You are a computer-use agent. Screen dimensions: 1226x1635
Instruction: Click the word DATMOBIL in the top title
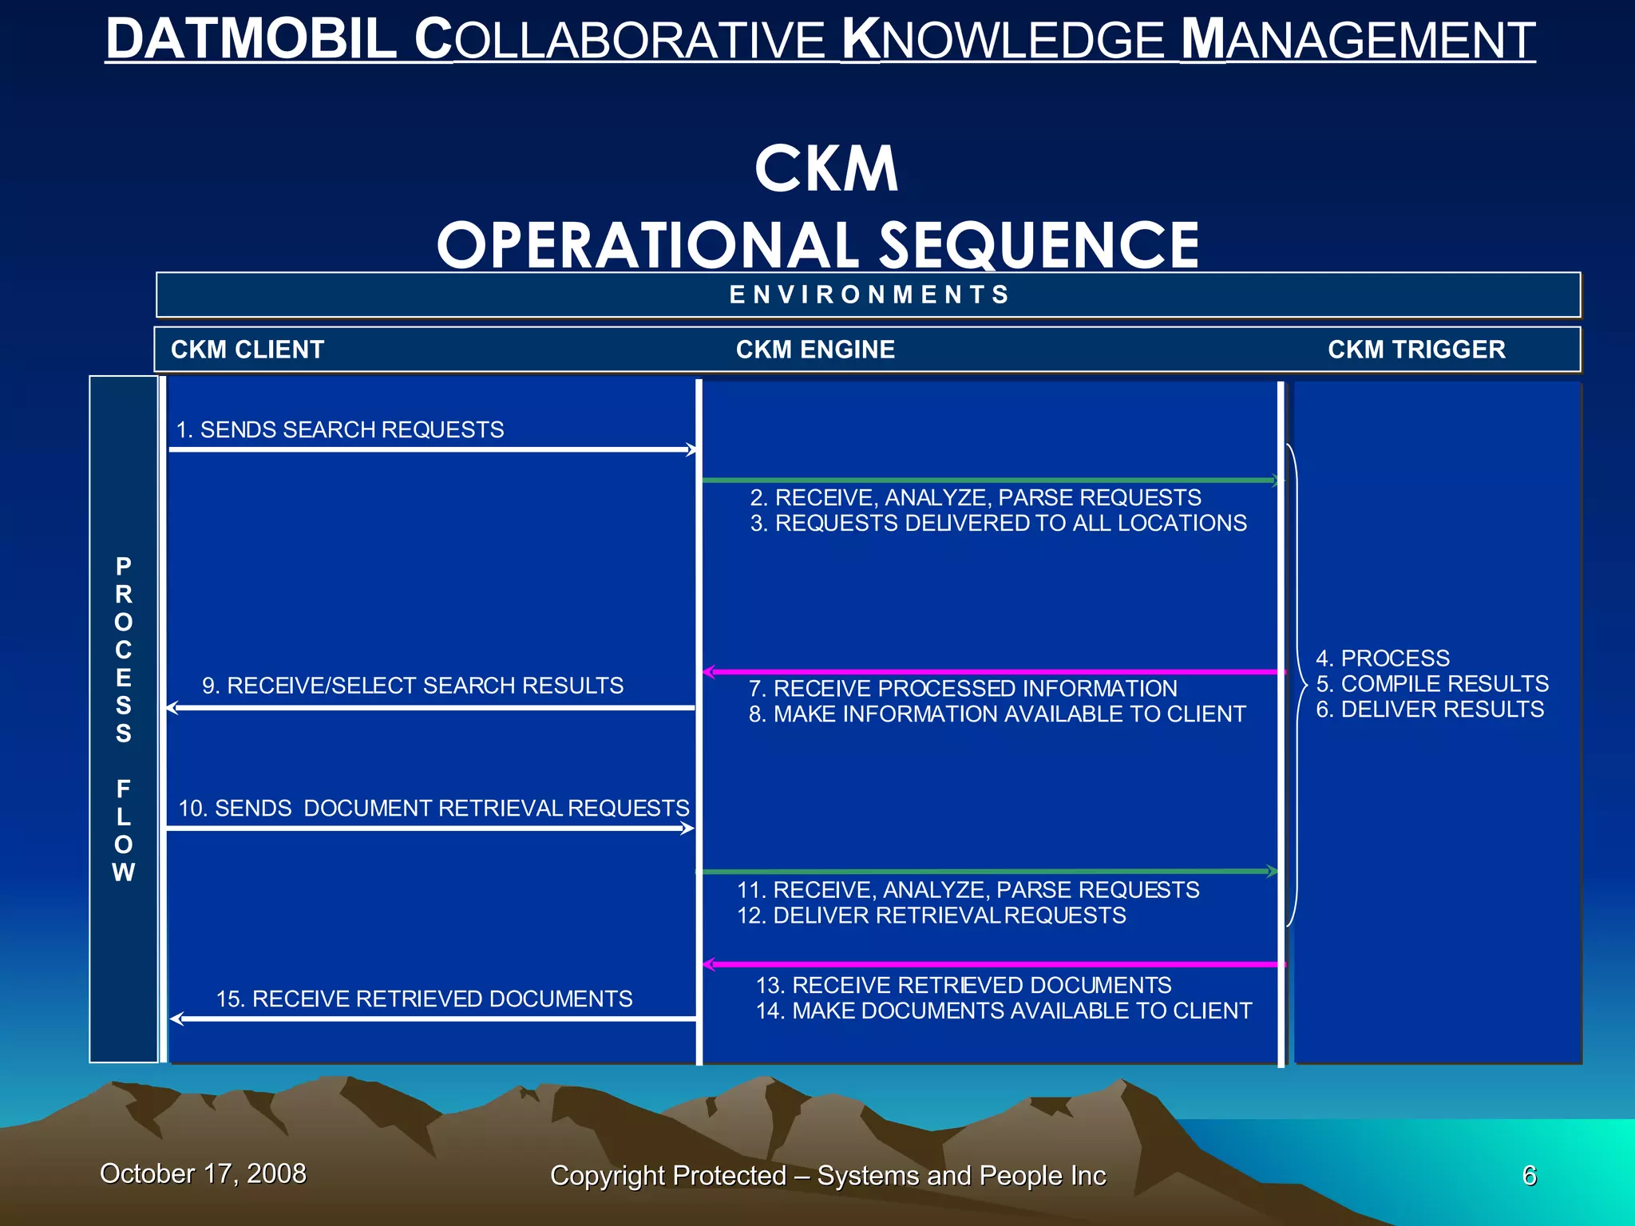point(251,40)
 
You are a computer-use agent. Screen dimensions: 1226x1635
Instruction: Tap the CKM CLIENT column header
point(247,350)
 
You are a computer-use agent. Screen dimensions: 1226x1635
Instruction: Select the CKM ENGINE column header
point(815,350)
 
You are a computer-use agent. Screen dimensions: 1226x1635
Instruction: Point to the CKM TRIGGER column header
point(1416,350)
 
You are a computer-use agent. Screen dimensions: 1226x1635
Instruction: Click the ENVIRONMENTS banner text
point(870,295)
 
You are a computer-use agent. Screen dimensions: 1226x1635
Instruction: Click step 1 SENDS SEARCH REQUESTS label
point(340,429)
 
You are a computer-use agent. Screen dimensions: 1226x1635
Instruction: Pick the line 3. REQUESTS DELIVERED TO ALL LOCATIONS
point(998,523)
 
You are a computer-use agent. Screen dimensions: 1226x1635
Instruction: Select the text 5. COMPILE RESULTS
point(1432,684)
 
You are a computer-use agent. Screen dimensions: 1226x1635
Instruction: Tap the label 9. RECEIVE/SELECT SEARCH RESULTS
point(413,686)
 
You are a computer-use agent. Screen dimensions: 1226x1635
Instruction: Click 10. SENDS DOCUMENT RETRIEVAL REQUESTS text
point(433,808)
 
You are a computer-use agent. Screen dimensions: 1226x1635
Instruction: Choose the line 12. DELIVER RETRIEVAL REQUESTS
point(931,916)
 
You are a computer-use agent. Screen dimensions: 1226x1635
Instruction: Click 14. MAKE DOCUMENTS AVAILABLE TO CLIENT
point(1004,1010)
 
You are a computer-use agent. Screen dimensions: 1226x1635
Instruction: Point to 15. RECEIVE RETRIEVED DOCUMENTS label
point(424,999)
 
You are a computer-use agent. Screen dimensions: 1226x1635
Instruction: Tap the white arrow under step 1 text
point(431,449)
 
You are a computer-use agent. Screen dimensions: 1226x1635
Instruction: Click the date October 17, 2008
point(203,1173)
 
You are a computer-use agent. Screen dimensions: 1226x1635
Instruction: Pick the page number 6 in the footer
point(1529,1176)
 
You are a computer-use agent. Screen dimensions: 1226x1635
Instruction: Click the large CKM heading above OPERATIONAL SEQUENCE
point(826,169)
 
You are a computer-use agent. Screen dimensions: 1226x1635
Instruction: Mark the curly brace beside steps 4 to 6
point(1297,685)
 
